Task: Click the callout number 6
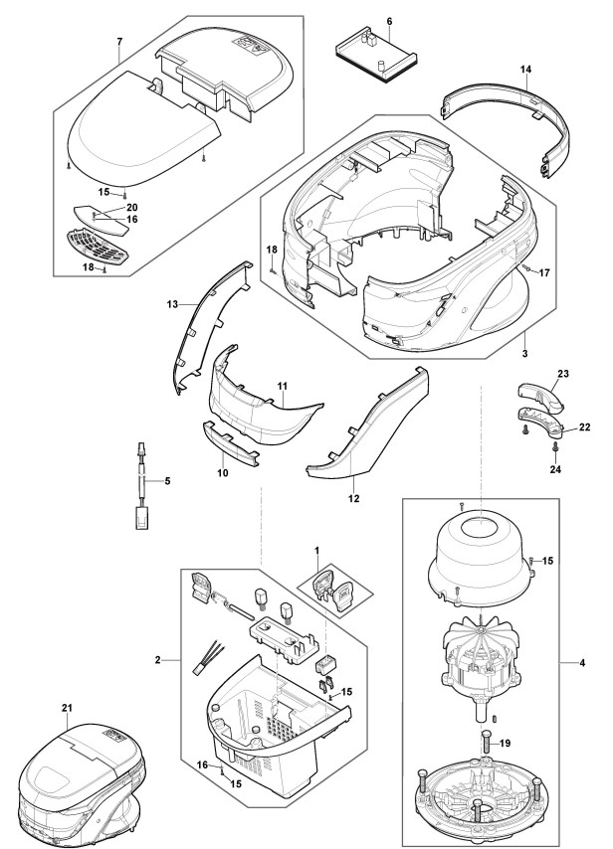(388, 21)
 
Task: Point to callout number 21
(67, 707)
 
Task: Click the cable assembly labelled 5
(142, 487)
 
